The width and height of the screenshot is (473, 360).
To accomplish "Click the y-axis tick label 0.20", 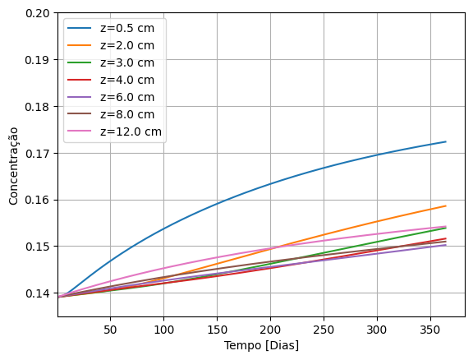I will point(36,14).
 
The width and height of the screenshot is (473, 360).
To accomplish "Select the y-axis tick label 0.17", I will point(36,154).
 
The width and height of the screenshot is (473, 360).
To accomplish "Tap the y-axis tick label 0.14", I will point(36,293).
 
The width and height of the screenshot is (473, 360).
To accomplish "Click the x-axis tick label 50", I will point(110,329).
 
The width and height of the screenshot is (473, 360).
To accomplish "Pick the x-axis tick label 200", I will point(270,329).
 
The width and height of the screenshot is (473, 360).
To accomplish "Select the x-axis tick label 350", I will point(430,329).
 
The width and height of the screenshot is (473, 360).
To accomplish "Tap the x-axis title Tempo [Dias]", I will point(261,345).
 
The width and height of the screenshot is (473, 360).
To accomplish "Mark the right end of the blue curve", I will point(446,141).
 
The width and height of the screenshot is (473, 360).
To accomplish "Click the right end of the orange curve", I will point(446,206).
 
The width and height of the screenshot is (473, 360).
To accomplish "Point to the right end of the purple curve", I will point(446,245).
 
